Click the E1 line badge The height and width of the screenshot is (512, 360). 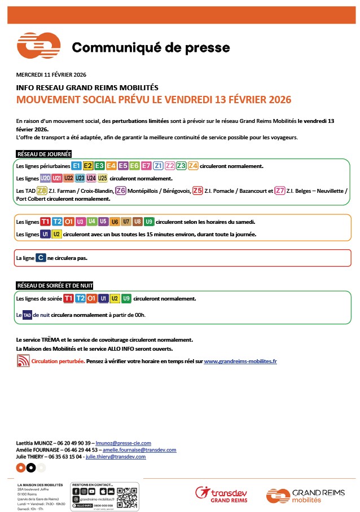pos(76,166)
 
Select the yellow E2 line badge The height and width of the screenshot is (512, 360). pos(88,166)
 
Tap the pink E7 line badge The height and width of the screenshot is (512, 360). pos(146,166)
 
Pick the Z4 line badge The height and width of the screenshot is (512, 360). pos(193,166)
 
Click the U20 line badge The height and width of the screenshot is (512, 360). pos(45,178)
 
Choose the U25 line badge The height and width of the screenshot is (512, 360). pos(102,178)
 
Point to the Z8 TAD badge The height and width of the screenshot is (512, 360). pos(41,191)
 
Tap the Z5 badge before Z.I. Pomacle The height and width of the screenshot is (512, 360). pos(197,191)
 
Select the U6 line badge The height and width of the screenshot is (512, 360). pos(115,221)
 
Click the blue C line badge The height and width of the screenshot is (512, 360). pos(41,258)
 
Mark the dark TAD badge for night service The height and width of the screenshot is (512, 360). pos(27,315)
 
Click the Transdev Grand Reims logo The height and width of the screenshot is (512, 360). pos(221,495)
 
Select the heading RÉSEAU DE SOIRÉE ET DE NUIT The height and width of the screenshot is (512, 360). pos(55,285)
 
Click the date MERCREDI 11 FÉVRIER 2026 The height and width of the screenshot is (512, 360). pos(51,74)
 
